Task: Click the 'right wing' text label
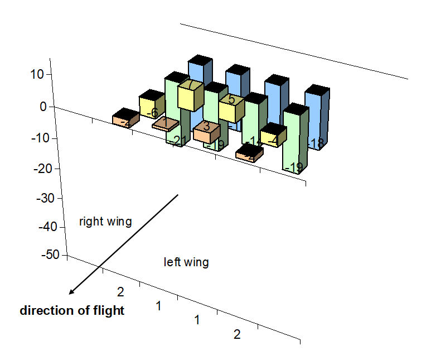pos(105,222)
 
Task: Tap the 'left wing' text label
pos(186,262)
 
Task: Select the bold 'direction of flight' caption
pos(72,311)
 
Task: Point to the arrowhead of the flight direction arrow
pos(71,292)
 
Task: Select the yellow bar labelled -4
pos(273,137)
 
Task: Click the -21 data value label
pos(177,141)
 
